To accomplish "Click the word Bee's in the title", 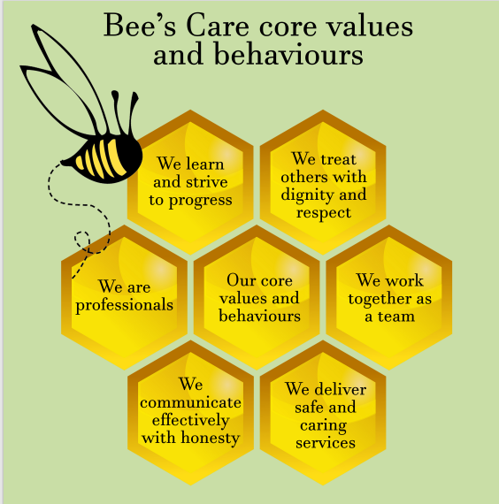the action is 140,26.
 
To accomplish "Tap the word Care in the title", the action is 218,26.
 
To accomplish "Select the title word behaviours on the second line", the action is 288,55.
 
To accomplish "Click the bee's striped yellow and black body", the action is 104,158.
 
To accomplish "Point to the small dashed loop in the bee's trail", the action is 82,240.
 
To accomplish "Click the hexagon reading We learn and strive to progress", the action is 190,182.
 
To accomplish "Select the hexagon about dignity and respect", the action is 323,182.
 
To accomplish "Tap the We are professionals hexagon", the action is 124,297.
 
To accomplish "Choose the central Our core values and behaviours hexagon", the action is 257,297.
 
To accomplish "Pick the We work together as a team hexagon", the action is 389,297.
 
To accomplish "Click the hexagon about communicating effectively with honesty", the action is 190,413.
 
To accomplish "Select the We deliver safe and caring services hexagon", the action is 323,413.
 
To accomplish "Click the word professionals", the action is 125,306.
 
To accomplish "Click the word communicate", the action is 190,402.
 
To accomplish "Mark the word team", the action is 396,317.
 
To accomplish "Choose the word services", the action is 326,443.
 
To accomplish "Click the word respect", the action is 324,213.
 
